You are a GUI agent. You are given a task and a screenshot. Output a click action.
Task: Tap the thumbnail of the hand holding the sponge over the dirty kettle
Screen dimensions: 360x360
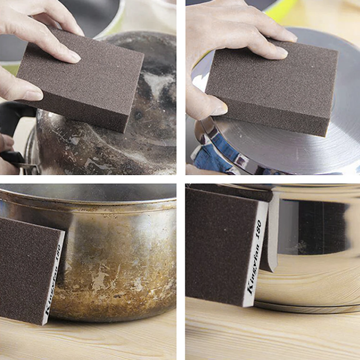[x=32, y=95]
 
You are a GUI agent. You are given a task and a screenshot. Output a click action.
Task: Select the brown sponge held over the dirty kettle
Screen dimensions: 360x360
[x=83, y=83]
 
